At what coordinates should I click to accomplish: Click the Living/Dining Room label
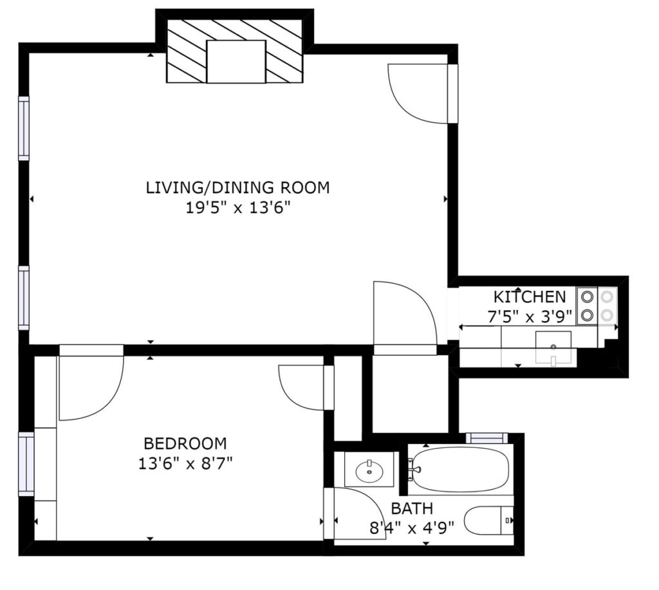pos(237,187)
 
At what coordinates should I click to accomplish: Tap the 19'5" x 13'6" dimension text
pos(238,208)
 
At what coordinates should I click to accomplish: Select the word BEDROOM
pos(185,443)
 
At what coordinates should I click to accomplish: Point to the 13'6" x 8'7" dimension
pos(185,463)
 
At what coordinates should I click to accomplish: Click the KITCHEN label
pos(530,297)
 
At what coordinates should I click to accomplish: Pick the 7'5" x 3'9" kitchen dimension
pos(530,316)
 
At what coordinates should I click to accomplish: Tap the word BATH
pos(412,508)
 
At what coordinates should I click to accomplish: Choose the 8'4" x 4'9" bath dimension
pos(412,527)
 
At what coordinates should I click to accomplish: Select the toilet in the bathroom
pos(489,521)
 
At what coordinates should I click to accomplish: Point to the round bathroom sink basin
pos(370,472)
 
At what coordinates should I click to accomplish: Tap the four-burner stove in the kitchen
pos(597,306)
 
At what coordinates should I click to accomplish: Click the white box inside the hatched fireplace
pos(236,62)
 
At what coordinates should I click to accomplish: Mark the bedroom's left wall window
pos(26,464)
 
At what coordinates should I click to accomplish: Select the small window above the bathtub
pos(487,438)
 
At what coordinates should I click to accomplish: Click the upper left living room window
pos(24,129)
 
